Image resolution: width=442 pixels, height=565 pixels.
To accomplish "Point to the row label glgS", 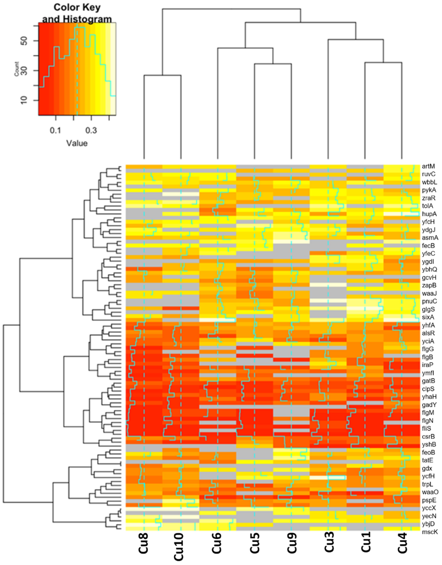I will pyautogui.click(x=429, y=309).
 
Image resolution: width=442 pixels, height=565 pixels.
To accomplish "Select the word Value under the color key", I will pyautogui.click(x=77, y=143).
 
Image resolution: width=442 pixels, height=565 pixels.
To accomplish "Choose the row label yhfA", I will pyautogui.click(x=429, y=325).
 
